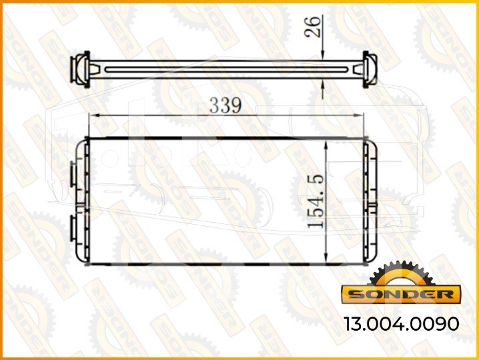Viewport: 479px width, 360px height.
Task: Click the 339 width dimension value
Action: click(x=225, y=105)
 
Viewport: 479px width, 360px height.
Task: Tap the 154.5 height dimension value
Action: click(x=316, y=201)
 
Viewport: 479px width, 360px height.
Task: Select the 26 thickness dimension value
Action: click(x=312, y=27)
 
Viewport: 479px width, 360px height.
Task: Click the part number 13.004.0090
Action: click(x=402, y=323)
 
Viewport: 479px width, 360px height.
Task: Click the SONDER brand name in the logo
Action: click(x=401, y=295)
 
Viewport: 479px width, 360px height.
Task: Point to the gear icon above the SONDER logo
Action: click(x=402, y=273)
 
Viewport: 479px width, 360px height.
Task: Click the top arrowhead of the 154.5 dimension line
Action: click(x=326, y=145)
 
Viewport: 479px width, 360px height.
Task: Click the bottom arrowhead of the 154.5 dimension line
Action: click(x=326, y=257)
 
